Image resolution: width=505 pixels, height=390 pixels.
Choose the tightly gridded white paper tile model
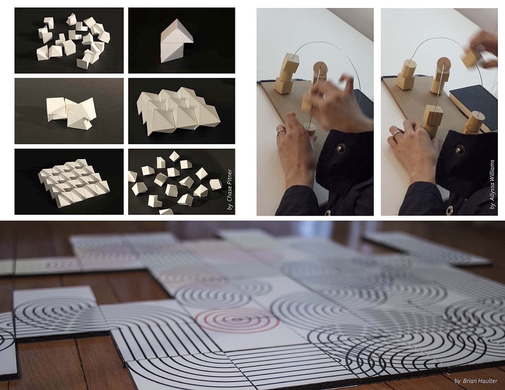click(x=74, y=183)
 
